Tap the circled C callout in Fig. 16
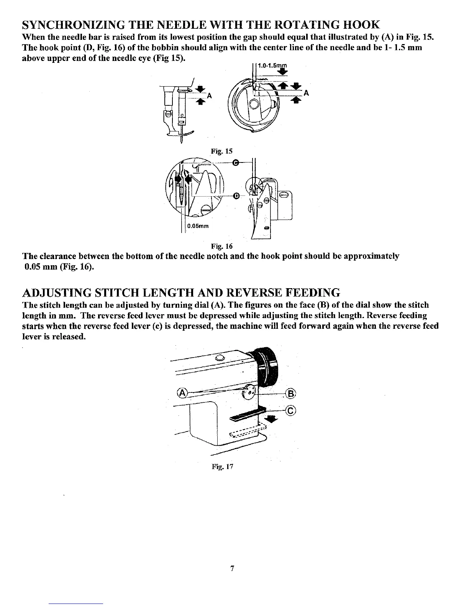click(236, 162)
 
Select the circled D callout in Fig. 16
click(236, 196)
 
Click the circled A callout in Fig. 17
click(183, 393)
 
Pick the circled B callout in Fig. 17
click(291, 394)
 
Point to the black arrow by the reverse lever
click(273, 419)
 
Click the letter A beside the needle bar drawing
click(209, 96)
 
